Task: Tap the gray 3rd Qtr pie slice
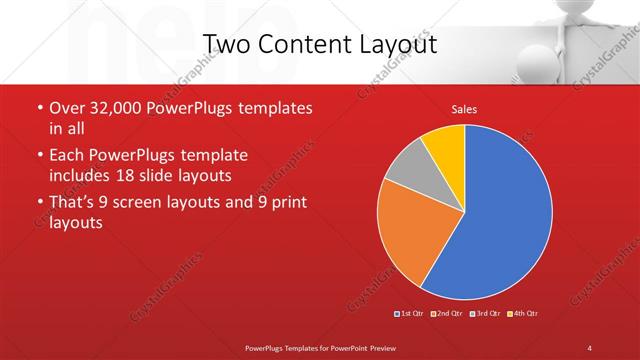coord(408,167)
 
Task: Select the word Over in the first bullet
coord(67,107)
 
